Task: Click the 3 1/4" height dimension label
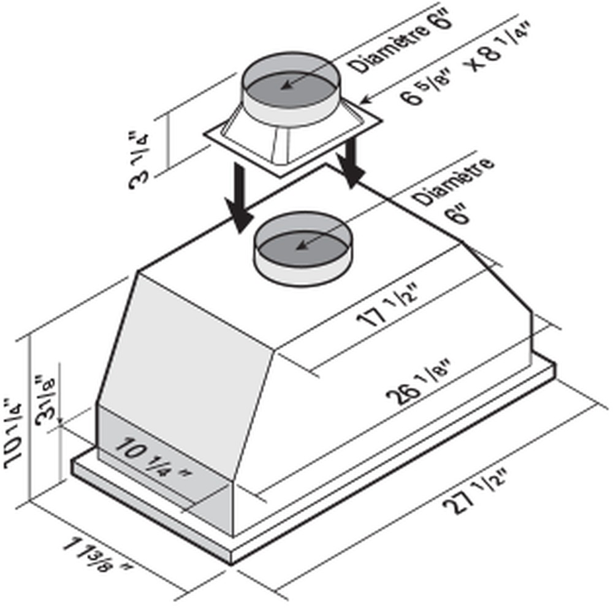[x=142, y=158]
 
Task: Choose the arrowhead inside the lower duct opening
[x=299, y=247]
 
